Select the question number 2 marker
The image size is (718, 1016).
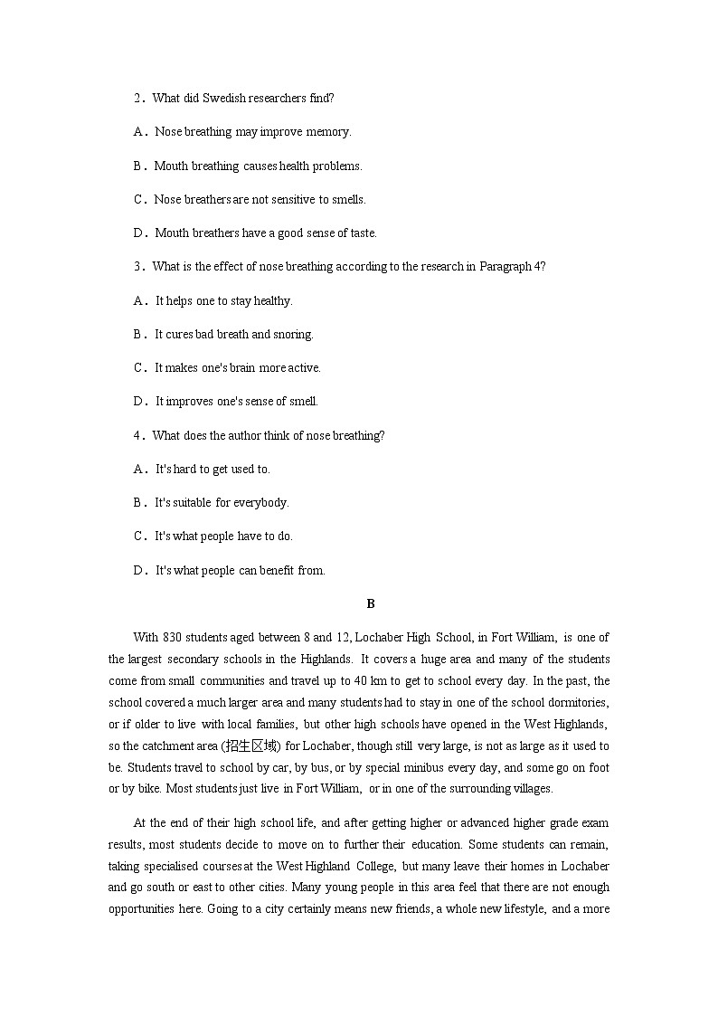tap(138, 98)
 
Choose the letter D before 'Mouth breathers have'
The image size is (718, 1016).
tap(139, 233)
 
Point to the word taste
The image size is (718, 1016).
tap(362, 233)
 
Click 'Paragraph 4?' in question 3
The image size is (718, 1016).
tap(512, 267)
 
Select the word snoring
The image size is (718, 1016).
tap(294, 335)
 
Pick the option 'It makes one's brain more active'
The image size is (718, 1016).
tap(238, 368)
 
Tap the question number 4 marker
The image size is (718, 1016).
tap(138, 436)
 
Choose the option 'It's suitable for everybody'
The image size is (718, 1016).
tap(222, 503)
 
